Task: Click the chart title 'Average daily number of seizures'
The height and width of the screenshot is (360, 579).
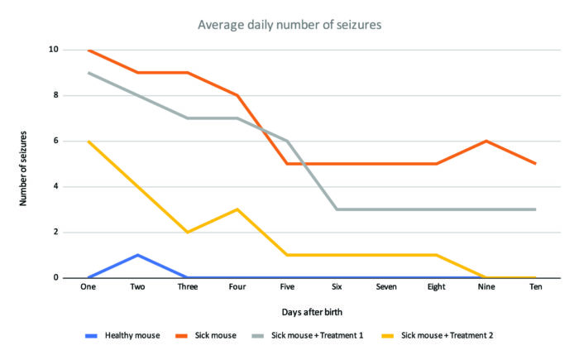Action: coord(289,24)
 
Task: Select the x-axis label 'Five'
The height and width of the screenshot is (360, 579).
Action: coord(286,288)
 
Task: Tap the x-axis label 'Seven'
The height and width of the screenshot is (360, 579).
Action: coord(386,288)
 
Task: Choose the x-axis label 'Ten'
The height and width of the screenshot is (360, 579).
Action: coord(536,288)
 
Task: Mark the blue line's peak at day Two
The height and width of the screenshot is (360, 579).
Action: coord(137,255)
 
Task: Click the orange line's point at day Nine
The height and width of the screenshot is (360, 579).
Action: coord(486,141)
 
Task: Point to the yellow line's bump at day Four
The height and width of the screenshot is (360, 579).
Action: coord(237,209)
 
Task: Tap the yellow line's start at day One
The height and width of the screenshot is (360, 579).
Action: coord(88,141)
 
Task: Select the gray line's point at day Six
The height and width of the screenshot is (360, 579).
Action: coord(337,209)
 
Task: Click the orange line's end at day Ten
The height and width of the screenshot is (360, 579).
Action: coord(536,164)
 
